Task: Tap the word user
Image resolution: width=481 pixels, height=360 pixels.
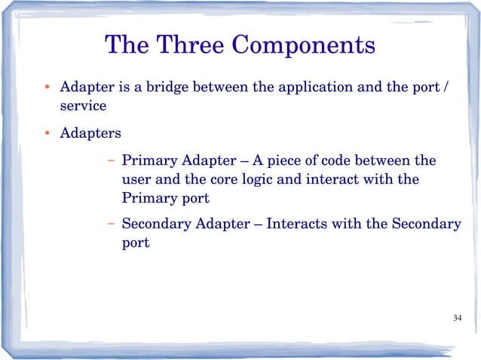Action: [x=136, y=181]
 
